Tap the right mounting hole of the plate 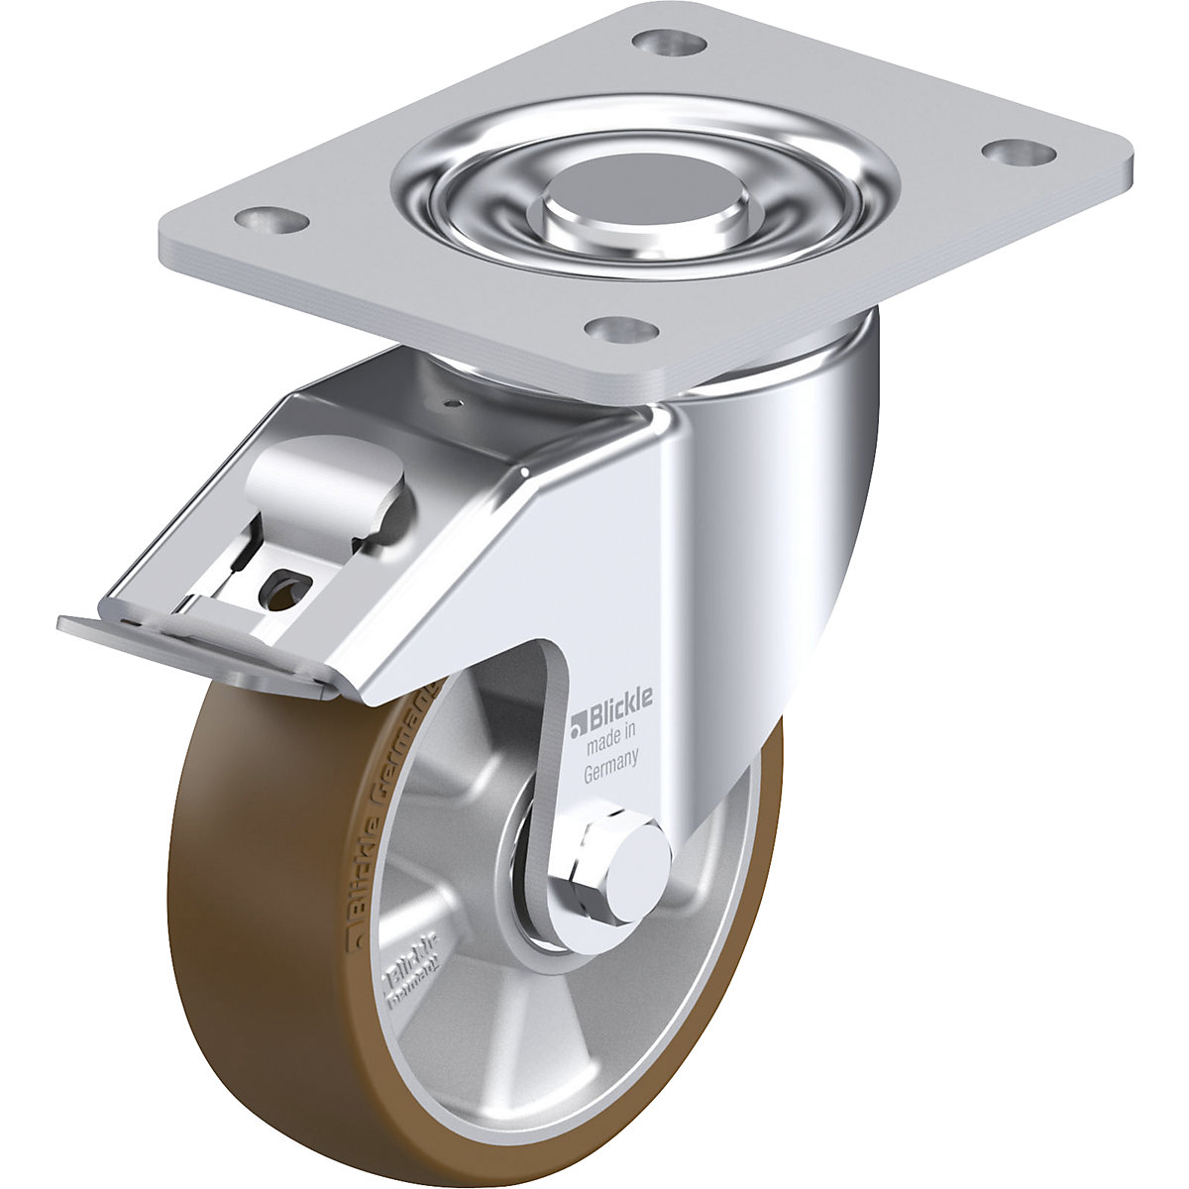coord(1017,151)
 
